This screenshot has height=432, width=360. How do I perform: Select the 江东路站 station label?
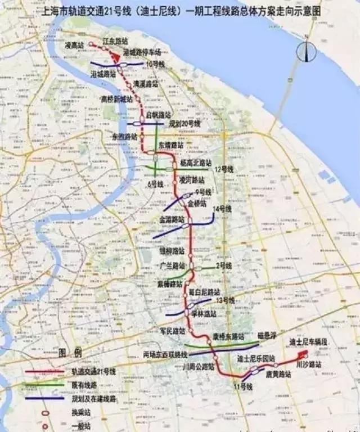tap(115, 41)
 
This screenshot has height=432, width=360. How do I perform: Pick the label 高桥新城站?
tap(116, 98)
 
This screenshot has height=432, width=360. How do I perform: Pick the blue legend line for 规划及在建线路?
tap(44, 398)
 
